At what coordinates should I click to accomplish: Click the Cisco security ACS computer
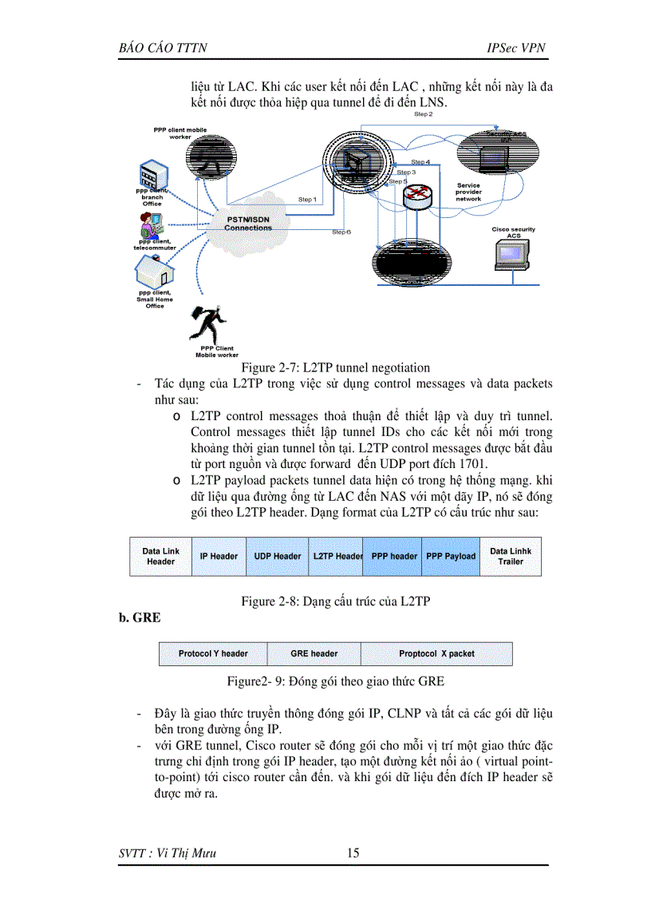tap(512, 255)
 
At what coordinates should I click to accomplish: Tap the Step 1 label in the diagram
tap(307, 199)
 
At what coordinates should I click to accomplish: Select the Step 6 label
tap(341, 232)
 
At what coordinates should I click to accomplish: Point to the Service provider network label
tap(469, 192)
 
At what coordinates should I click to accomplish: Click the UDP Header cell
tap(277, 556)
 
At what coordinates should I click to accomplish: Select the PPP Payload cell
tap(451, 556)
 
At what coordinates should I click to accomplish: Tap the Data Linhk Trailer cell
tap(511, 556)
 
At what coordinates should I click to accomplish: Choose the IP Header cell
tap(219, 556)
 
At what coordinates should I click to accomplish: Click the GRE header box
tap(314, 653)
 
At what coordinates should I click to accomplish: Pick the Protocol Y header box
tap(213, 653)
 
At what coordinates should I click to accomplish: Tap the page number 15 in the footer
tap(353, 854)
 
